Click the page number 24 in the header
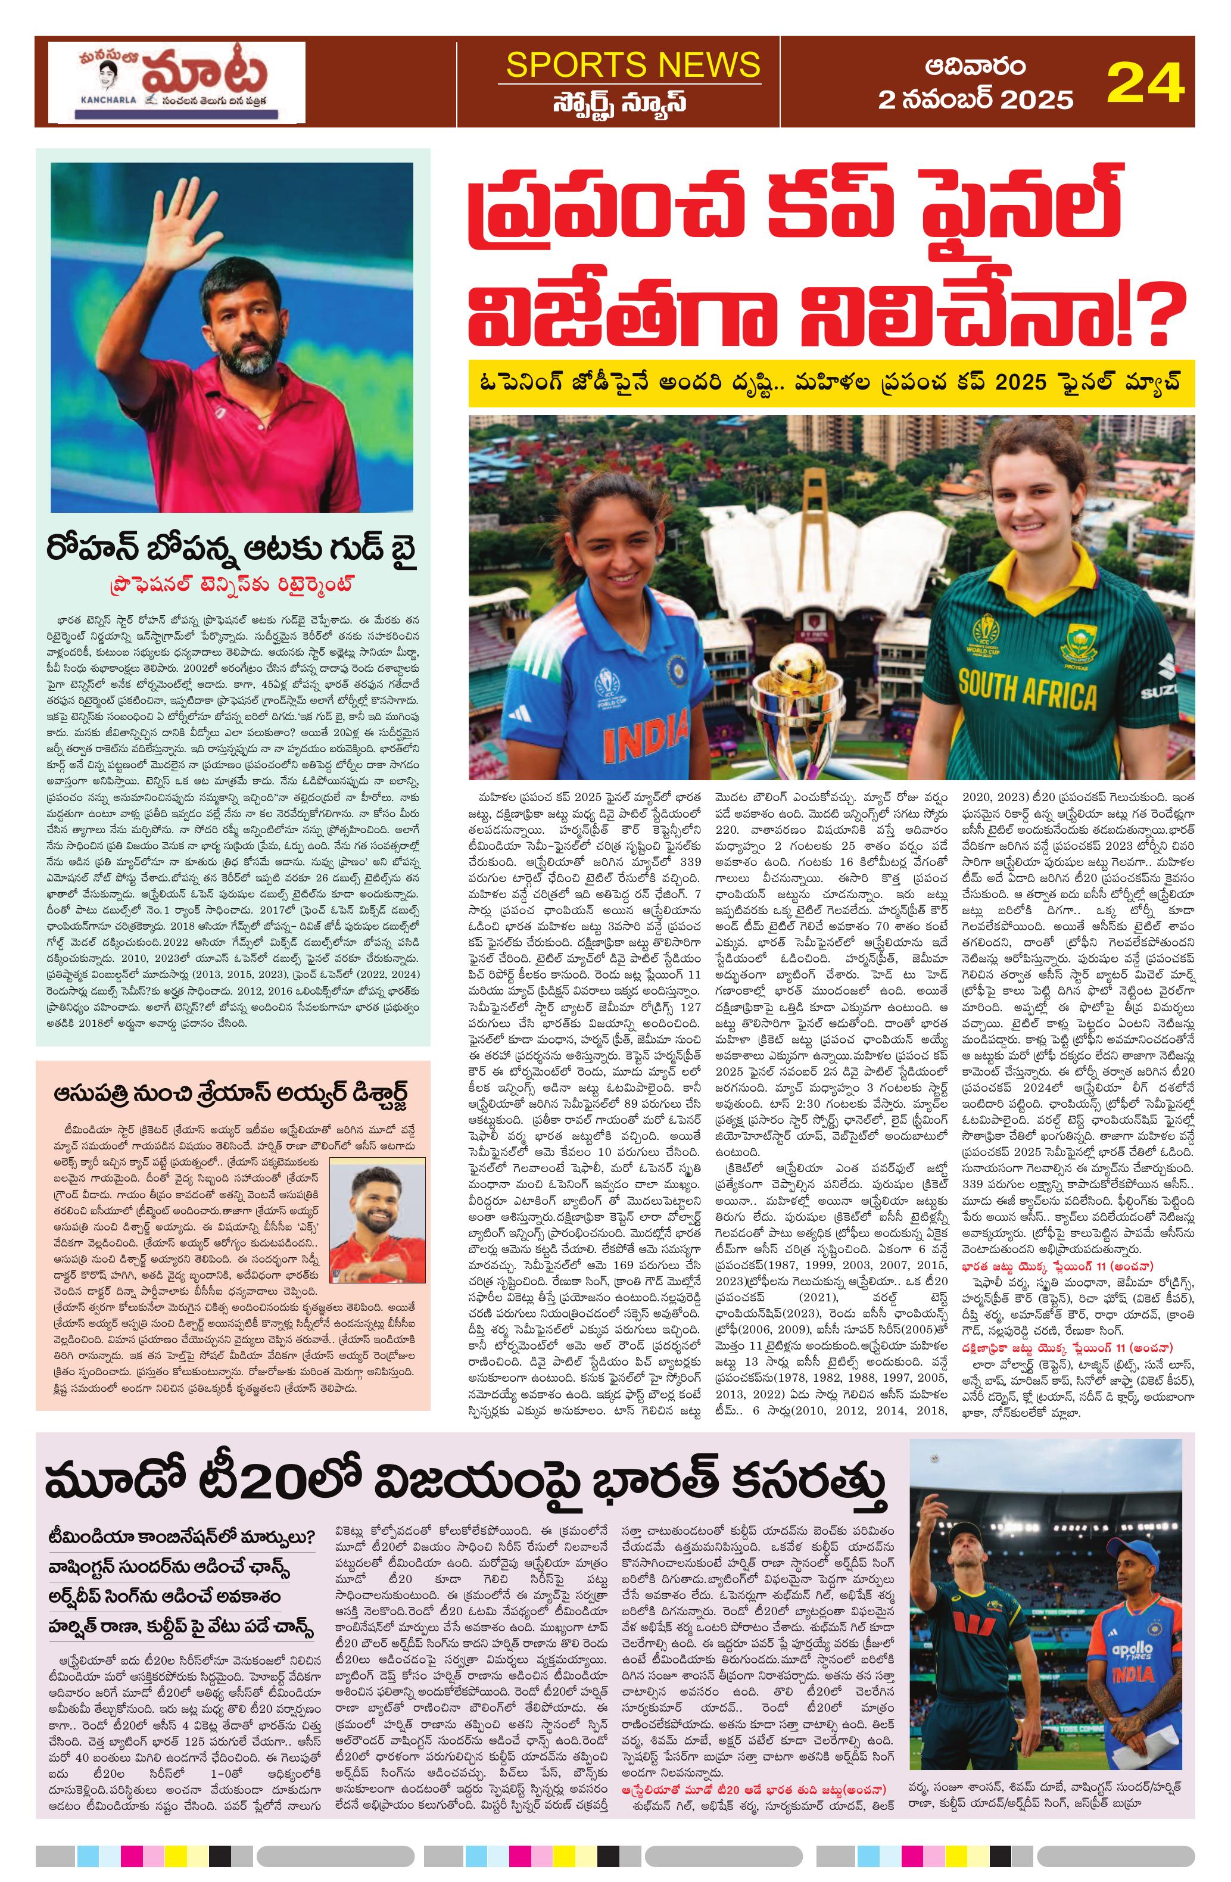(1144, 82)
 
